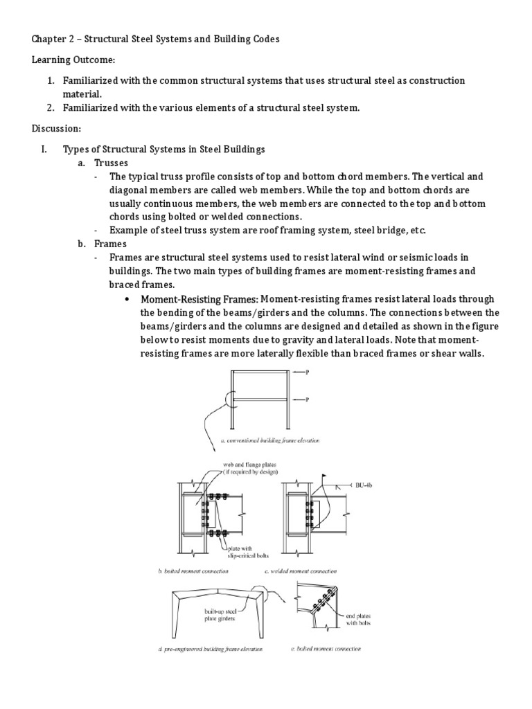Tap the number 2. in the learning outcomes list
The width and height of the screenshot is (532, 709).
tap(51, 108)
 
